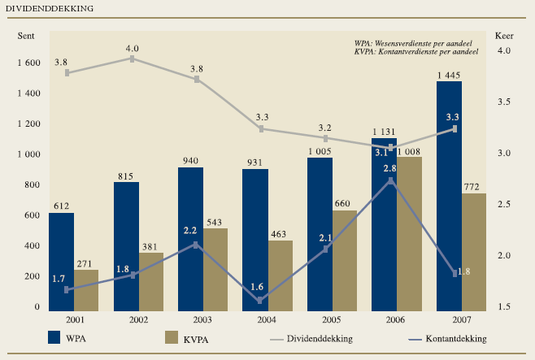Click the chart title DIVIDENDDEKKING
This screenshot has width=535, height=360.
click(49, 8)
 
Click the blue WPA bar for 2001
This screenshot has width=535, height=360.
click(61, 262)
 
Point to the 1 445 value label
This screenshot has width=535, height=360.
click(449, 76)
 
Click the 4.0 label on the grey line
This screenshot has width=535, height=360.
click(132, 49)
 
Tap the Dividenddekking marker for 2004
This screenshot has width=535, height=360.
click(261, 128)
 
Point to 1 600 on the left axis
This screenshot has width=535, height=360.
click(28, 63)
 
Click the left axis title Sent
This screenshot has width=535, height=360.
click(26, 36)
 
